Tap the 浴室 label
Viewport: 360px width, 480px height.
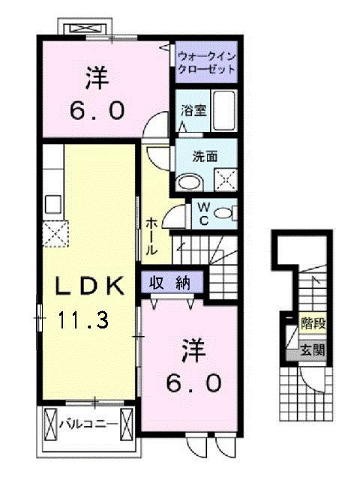[193, 110]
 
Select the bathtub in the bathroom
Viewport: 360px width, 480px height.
[223, 109]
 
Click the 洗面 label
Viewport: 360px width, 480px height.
[205, 157]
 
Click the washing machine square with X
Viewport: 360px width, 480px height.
[225, 178]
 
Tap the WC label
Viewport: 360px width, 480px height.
[203, 213]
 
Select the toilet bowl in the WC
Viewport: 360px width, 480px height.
[224, 213]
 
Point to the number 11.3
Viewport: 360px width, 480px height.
[82, 322]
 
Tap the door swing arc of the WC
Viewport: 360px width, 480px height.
[175, 215]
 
